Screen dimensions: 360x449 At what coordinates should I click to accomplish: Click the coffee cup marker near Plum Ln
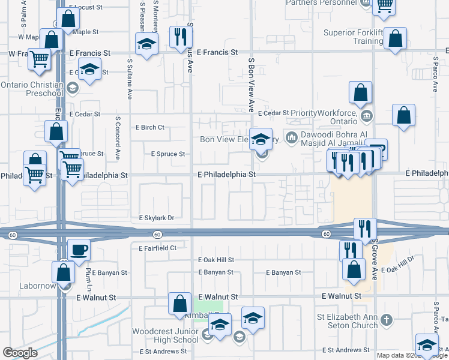(78, 250)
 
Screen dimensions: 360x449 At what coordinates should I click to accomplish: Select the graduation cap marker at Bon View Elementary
(261, 139)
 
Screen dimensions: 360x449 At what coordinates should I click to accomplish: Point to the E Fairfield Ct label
(157, 248)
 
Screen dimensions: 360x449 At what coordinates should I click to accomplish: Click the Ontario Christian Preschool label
(32, 89)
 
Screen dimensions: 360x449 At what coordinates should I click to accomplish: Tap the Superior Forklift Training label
(353, 37)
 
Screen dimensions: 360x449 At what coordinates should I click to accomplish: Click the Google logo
(20, 353)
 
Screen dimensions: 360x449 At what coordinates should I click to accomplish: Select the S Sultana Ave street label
(129, 78)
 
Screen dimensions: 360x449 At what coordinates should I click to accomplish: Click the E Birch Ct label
(150, 127)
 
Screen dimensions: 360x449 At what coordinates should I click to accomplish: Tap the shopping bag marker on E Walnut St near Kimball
(180, 303)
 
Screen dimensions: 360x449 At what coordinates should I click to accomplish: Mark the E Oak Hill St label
(216, 260)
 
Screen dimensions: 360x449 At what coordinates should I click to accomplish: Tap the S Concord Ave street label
(118, 137)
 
